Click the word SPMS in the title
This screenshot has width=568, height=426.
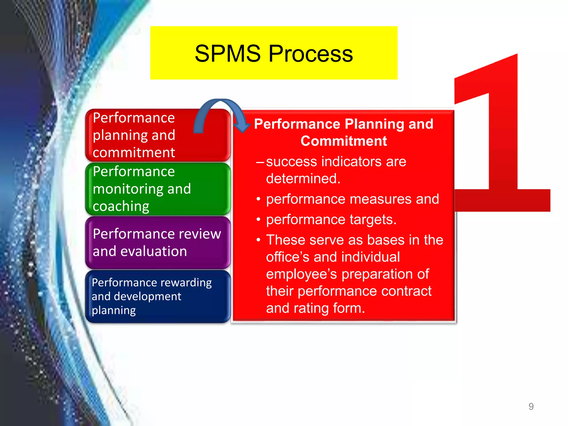click(227, 54)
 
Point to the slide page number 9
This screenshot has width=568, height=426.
click(531, 406)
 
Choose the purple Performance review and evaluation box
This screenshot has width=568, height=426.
click(158, 242)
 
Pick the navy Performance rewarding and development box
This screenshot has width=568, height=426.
click(158, 296)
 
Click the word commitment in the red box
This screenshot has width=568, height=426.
click(134, 153)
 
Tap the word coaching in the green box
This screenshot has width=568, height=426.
click(121, 206)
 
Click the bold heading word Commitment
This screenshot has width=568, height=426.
click(344, 141)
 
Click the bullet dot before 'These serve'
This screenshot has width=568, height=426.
click(258, 240)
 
